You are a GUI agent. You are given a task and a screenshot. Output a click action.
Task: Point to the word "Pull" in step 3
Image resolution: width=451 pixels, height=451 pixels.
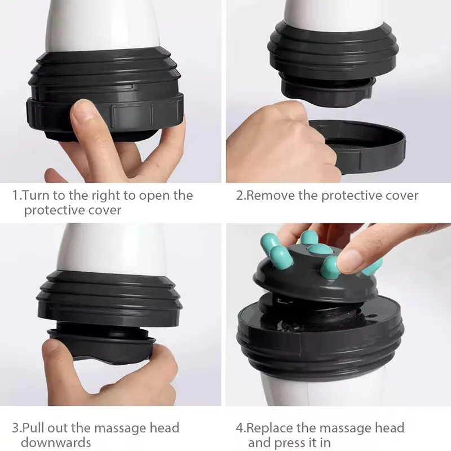click(x=34, y=428)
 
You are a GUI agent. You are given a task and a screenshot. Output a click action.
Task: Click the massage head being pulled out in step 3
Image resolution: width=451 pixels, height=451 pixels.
click(x=101, y=344)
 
